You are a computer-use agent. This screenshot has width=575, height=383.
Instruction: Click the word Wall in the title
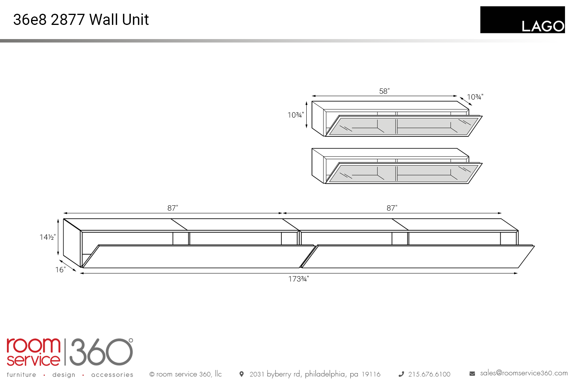(x=104, y=20)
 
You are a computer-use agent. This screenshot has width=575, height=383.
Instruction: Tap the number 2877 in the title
(x=68, y=20)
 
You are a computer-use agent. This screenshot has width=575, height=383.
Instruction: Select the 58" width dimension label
(x=384, y=91)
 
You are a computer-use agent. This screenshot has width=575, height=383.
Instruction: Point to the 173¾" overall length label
(x=298, y=279)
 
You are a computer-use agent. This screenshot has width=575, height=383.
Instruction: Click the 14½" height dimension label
(x=48, y=237)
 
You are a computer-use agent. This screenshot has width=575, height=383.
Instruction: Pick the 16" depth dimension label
(x=61, y=270)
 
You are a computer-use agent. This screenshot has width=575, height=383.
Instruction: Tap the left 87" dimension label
(x=173, y=208)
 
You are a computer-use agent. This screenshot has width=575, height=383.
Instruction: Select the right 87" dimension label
(x=392, y=208)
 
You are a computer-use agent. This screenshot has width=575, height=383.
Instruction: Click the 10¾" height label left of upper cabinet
(x=296, y=115)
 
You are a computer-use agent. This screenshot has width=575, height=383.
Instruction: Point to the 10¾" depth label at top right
(x=475, y=97)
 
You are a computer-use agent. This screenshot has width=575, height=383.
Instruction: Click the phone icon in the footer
(x=401, y=374)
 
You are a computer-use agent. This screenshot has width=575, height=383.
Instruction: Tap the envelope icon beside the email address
(x=472, y=374)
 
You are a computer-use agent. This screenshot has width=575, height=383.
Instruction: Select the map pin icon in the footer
(x=242, y=374)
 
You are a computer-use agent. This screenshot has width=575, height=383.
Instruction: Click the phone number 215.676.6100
(x=429, y=374)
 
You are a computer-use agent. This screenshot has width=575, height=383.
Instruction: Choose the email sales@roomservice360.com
(x=524, y=373)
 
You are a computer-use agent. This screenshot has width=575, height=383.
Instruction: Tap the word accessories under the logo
(x=112, y=375)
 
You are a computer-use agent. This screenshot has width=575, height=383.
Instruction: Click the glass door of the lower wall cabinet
(x=404, y=173)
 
